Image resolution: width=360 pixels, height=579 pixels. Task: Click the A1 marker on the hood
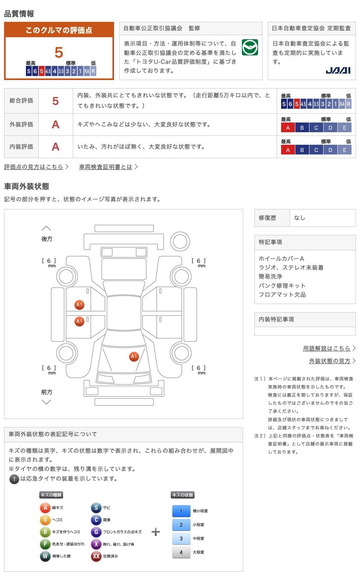click(134, 356)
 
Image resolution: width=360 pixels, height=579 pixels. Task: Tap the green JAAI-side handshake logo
click(250, 48)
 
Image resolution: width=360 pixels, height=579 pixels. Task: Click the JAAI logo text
click(338, 70)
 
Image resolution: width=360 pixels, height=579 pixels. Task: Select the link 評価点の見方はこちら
click(34, 167)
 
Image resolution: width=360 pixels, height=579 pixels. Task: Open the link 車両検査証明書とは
click(106, 167)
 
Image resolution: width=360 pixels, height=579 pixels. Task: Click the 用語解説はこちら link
click(327, 348)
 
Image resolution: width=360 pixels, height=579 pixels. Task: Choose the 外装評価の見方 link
click(330, 361)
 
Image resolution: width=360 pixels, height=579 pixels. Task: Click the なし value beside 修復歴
click(300, 218)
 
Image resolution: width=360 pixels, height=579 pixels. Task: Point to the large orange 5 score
click(59, 53)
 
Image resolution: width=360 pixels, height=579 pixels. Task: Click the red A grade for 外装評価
click(56, 125)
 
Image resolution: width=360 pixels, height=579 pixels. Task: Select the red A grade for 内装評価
click(56, 147)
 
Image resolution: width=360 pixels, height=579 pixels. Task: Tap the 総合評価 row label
click(21, 101)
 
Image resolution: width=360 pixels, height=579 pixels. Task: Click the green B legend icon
click(45, 532)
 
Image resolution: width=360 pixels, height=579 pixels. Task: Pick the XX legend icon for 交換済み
click(96, 556)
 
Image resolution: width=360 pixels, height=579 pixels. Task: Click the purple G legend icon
click(96, 532)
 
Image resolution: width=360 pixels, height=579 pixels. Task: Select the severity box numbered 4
click(181, 552)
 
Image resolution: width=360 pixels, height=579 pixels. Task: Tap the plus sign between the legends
click(155, 532)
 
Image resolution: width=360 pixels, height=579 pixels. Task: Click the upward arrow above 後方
click(47, 228)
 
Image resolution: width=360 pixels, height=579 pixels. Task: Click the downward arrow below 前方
click(47, 402)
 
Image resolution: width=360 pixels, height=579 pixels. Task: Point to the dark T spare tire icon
click(14, 479)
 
